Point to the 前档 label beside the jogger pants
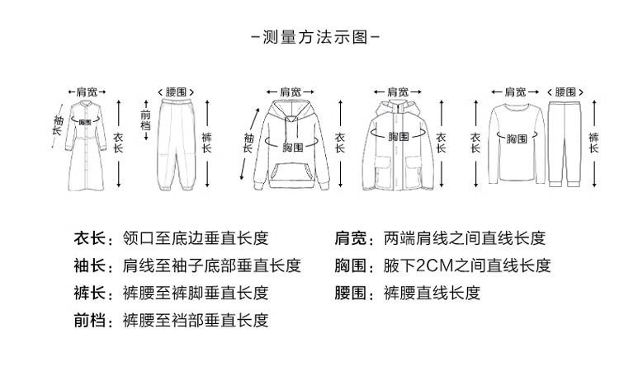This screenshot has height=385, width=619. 146,122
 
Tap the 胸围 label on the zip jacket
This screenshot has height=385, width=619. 399,135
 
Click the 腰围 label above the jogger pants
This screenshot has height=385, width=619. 176,92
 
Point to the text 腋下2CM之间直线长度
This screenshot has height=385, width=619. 467,265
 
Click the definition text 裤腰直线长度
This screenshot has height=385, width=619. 432,293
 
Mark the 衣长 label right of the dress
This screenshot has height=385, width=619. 117,143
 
